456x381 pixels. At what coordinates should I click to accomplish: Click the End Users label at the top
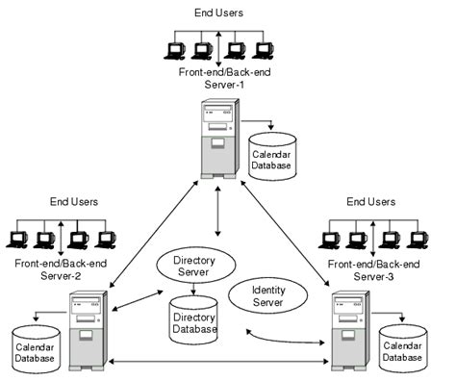220,13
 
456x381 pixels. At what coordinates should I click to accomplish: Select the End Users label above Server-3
371,202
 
